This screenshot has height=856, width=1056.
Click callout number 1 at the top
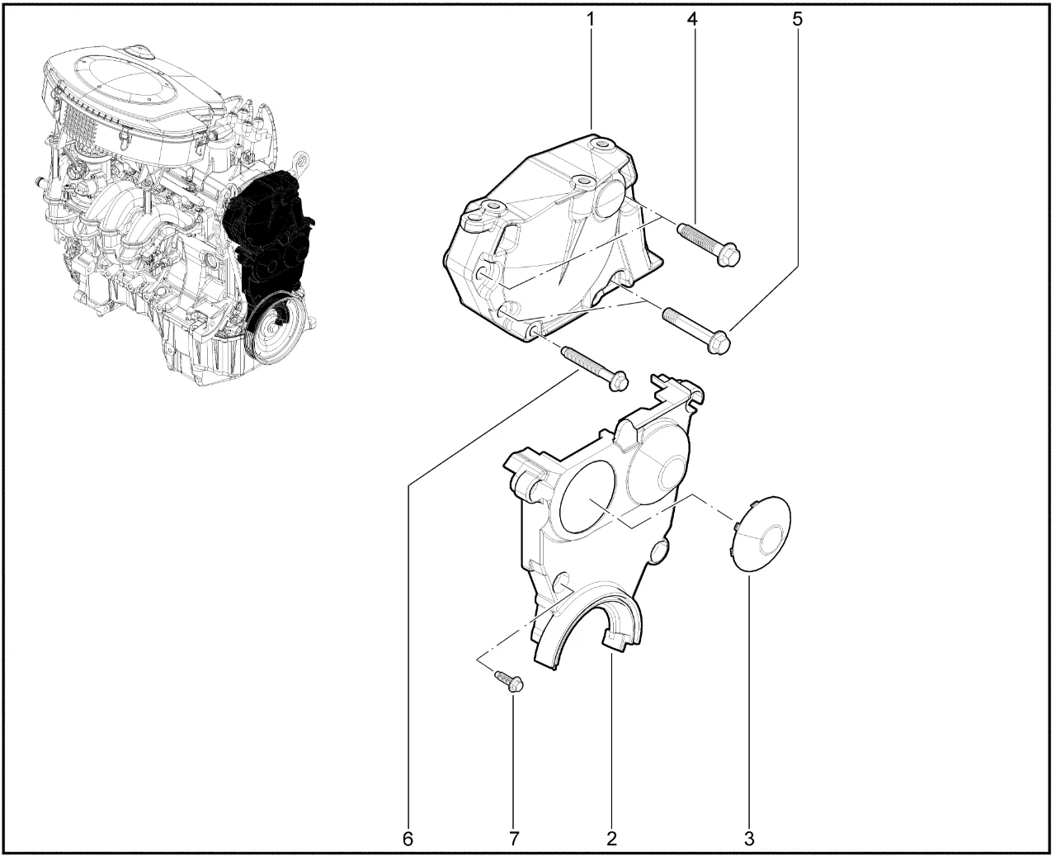tap(591, 19)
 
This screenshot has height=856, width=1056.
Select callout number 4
tap(692, 19)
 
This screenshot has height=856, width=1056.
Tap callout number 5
tap(797, 19)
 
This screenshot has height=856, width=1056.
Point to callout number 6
tap(408, 839)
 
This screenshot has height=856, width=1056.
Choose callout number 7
tap(514, 839)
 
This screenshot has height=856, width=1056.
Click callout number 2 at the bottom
tap(611, 839)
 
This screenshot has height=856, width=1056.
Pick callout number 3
tap(748, 839)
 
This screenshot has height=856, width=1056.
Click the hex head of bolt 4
tap(728, 257)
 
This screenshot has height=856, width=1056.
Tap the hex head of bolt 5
tap(719, 343)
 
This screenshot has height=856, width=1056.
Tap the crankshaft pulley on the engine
tap(274, 328)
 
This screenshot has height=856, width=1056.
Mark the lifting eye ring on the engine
tap(300, 162)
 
